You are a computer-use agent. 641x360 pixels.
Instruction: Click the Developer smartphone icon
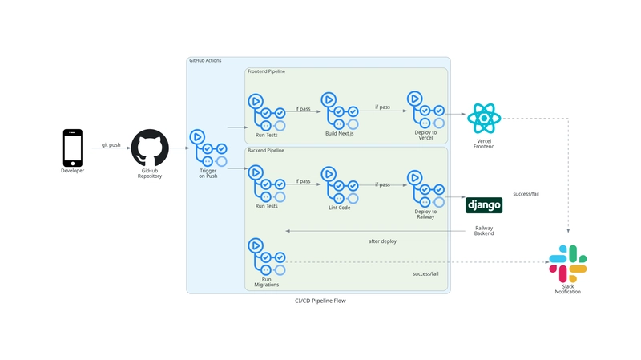point(73,148)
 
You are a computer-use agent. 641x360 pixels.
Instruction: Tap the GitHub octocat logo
point(150,148)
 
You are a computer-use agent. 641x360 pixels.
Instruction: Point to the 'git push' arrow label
point(111,145)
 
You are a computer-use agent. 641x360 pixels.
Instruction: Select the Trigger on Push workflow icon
point(208,148)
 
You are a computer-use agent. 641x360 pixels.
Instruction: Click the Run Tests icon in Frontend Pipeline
point(266,111)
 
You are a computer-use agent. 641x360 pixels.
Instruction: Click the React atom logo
point(484,118)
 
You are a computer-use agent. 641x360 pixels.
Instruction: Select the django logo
point(484,205)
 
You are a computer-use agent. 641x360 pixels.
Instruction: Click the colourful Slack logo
point(567,263)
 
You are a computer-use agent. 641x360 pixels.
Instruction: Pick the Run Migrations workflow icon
point(266,257)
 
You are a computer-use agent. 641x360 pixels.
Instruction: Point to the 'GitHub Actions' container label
point(205,61)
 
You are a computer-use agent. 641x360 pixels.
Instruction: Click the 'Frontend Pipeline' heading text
point(266,71)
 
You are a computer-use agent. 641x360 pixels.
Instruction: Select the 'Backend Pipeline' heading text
point(265,151)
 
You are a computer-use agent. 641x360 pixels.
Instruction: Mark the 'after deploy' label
point(382,241)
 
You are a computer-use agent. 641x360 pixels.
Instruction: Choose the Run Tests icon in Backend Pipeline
point(266,184)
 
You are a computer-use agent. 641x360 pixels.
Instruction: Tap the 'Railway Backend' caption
point(484,231)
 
